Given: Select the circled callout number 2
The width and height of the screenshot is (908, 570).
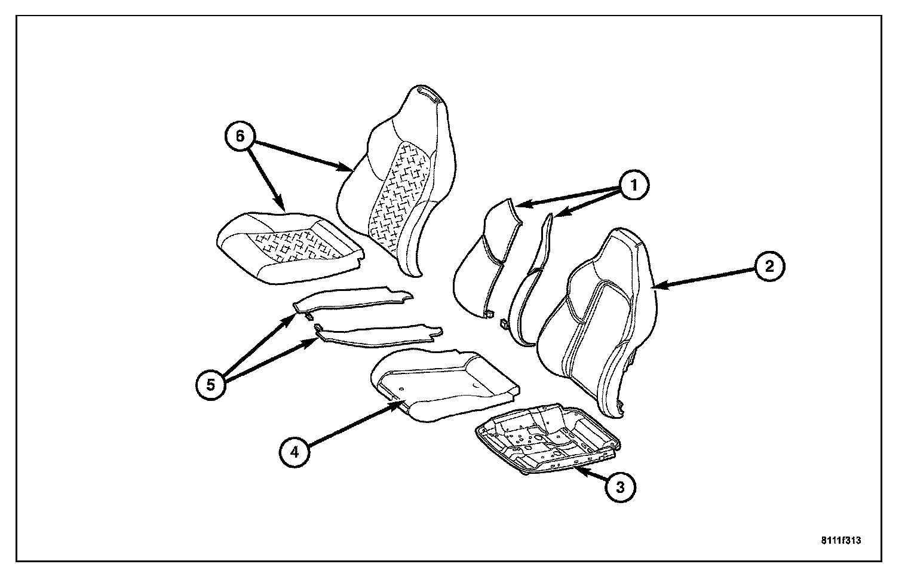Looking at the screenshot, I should pyautogui.click(x=769, y=266).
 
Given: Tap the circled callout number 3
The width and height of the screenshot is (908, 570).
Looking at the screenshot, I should pyautogui.click(x=621, y=488).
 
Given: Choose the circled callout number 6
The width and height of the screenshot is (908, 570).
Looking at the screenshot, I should pyautogui.click(x=240, y=136).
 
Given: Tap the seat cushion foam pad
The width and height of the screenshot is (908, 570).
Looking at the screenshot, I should pyautogui.click(x=442, y=382).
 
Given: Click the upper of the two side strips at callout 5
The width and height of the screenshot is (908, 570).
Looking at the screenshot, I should pyautogui.click(x=352, y=301).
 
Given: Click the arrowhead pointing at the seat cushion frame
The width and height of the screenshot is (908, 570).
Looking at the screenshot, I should pyautogui.click(x=579, y=471).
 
